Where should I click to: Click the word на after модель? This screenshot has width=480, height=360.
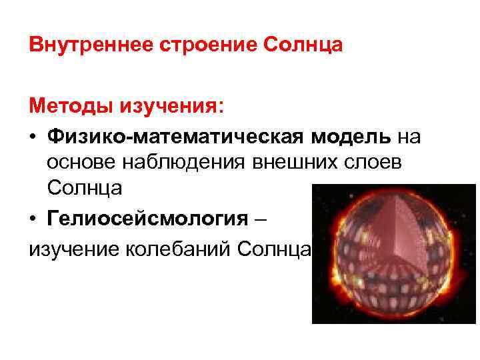coord(409,137)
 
